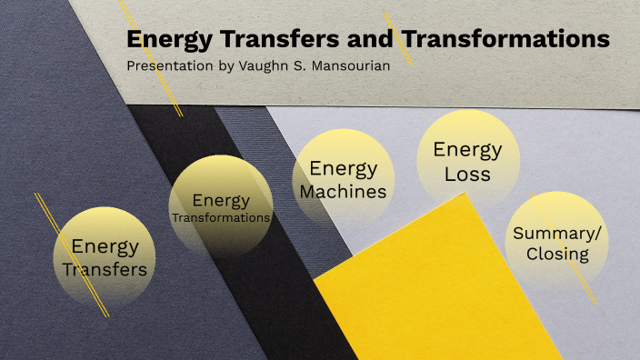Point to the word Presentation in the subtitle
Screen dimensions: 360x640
[166, 66]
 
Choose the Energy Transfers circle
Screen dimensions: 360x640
[102, 256]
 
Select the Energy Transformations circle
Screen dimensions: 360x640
[221, 205]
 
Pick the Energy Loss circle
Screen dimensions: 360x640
[467, 159]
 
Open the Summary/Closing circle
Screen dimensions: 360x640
[556, 242]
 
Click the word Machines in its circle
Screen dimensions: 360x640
[343, 191]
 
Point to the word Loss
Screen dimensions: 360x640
[467, 173]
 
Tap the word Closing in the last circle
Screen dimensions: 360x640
[557, 254]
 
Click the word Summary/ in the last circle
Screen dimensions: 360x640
[557, 233]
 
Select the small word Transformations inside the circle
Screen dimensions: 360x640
[221, 218]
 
